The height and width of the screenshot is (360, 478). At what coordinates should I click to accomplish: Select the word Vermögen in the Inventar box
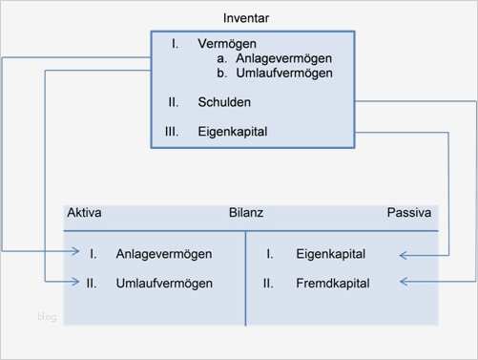click(x=227, y=45)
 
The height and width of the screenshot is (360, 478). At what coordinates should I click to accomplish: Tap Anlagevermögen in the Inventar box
click(x=281, y=58)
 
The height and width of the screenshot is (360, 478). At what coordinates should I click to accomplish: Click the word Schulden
click(x=224, y=101)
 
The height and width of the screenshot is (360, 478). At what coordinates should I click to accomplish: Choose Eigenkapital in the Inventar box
click(x=233, y=132)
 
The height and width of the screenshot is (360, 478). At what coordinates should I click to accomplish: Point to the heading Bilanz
click(x=245, y=213)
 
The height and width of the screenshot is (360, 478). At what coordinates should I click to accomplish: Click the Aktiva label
click(x=85, y=213)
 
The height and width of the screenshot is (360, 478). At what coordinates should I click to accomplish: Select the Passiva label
click(x=408, y=213)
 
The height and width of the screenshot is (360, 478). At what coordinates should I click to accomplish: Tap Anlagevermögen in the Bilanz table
click(x=164, y=254)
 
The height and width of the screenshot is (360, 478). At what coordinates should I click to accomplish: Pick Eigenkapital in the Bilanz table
click(x=329, y=254)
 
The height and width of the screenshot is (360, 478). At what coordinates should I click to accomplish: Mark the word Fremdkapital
click(x=331, y=284)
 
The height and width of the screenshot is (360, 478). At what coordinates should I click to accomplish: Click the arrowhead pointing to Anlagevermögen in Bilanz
click(x=74, y=253)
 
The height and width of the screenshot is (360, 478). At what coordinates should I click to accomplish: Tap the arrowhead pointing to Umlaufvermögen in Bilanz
click(x=74, y=283)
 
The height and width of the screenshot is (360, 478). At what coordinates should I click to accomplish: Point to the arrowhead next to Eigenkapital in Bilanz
click(x=404, y=254)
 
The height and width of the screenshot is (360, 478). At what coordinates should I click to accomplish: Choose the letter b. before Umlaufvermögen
click(x=222, y=73)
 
